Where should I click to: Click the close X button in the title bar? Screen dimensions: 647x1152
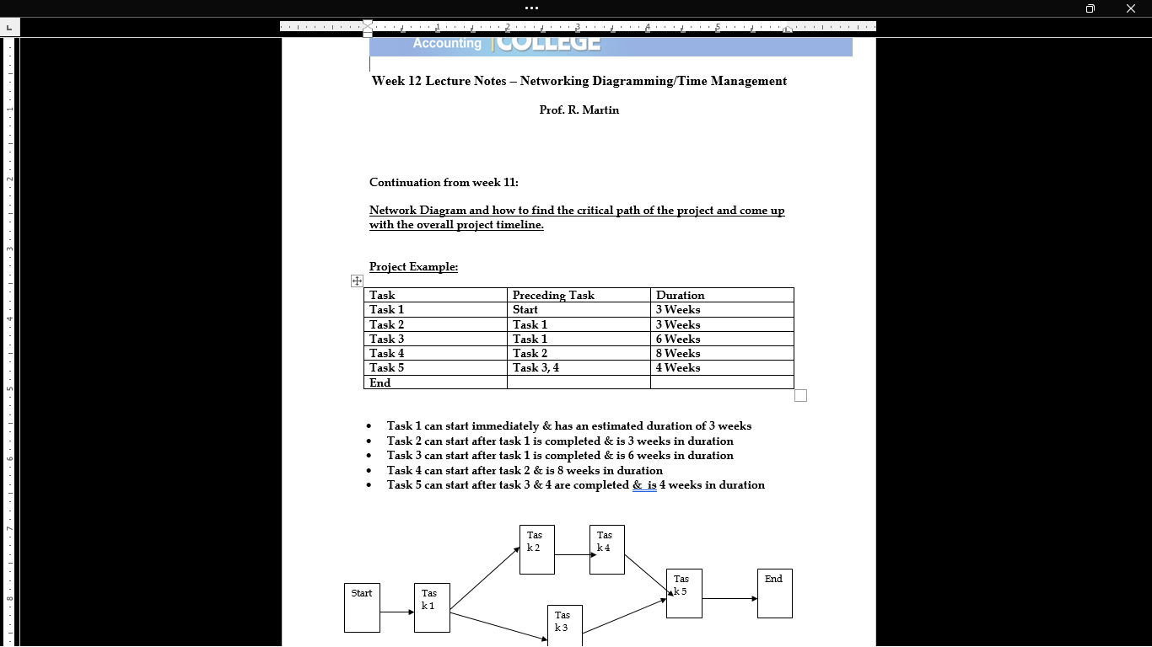pos(1130,8)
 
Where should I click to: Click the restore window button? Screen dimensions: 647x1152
pos(1090,8)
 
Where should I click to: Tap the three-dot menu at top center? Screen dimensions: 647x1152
pos(531,8)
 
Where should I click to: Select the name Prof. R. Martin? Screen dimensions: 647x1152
pos(579,110)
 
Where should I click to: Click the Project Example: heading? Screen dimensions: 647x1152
pos(413,267)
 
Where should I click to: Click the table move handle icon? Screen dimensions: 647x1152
pos(357,281)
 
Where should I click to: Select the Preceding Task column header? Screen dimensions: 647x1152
pos(553,295)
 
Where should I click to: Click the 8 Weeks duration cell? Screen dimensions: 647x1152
pos(678,353)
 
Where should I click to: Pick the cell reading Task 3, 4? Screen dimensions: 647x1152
pos(536,367)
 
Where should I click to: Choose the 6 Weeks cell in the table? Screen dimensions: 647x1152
pos(678,339)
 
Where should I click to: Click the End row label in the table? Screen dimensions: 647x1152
pos(380,382)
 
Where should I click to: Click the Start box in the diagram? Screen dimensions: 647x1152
pos(362,607)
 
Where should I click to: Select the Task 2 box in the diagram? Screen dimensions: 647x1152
pos(536,549)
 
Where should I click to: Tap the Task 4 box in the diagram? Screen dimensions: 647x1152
pos(606,549)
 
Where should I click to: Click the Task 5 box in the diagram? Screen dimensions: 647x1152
pos(684,593)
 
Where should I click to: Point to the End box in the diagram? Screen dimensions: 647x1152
pos(774,593)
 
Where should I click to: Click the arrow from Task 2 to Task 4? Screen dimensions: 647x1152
pos(573,554)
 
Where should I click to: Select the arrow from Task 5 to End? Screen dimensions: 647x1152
pos(729,599)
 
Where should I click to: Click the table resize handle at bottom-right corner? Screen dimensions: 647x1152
pos(800,396)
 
